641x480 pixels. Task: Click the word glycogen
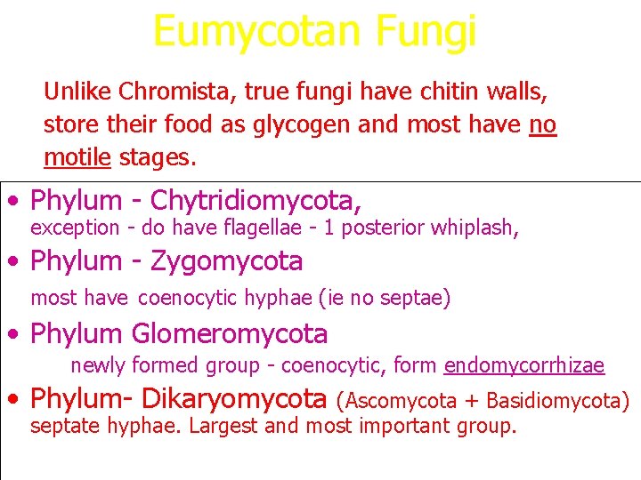coord(345,125)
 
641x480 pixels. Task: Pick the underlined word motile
coord(77,158)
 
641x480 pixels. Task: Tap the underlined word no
coord(542,125)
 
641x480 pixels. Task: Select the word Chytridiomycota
coord(256,201)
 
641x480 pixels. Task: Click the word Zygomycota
coord(226,261)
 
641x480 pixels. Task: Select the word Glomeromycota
coord(230,334)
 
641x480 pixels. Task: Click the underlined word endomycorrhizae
coord(523,365)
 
